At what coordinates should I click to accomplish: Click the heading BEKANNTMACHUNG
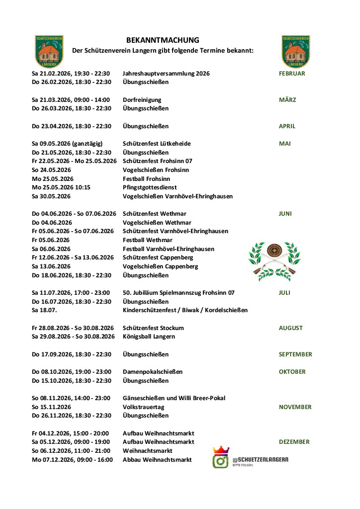(x=163, y=40)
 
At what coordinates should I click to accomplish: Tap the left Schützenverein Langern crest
(x=49, y=51)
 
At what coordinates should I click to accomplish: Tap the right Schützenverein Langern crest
(x=296, y=51)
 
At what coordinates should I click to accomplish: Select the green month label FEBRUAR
(x=292, y=74)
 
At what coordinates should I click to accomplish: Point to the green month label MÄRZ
(x=287, y=100)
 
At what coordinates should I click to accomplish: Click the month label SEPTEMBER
(x=295, y=354)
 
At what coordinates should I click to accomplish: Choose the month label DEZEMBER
(x=294, y=442)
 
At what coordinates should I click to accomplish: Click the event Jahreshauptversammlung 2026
(x=166, y=74)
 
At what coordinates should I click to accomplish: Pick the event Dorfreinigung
(x=142, y=100)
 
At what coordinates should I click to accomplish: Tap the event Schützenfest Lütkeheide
(x=157, y=144)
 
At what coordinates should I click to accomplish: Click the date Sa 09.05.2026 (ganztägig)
(x=66, y=144)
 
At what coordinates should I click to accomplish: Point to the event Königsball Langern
(x=149, y=337)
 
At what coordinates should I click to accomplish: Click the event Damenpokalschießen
(x=153, y=372)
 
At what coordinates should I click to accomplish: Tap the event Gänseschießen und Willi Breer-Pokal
(x=174, y=398)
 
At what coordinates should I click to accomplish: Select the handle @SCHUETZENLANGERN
(x=260, y=459)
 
